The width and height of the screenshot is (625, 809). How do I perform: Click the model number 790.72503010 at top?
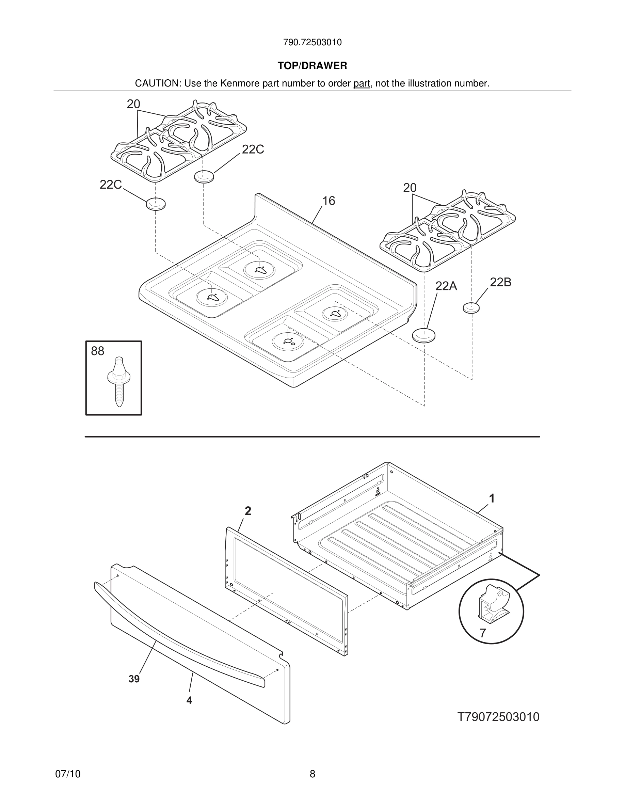click(x=312, y=43)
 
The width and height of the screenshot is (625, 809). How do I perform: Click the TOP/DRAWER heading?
click(x=312, y=66)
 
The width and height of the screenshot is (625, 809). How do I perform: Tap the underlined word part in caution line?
click(x=362, y=84)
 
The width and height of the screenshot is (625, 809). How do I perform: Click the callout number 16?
click(x=328, y=201)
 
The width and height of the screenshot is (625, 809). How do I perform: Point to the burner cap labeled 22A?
click(x=423, y=335)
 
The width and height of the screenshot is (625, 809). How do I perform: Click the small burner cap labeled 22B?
click(x=471, y=307)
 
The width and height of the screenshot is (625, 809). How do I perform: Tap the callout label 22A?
click(x=446, y=286)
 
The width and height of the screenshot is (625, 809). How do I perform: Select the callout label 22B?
click(x=501, y=282)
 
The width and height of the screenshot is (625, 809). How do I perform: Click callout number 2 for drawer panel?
click(x=248, y=511)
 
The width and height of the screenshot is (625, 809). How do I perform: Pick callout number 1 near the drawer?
click(x=492, y=498)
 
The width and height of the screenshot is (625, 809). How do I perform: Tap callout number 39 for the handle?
click(x=134, y=679)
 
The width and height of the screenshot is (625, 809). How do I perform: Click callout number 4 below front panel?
click(x=189, y=700)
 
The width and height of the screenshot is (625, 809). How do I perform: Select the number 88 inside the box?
click(x=98, y=351)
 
